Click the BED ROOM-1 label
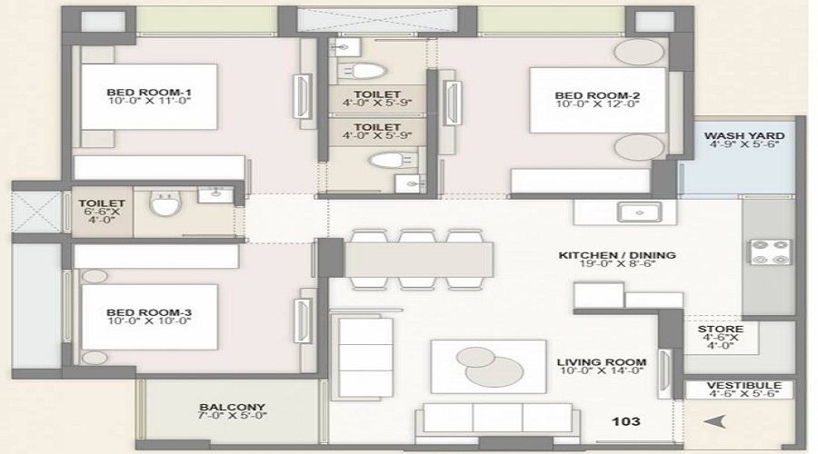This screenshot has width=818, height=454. [x=148, y=92]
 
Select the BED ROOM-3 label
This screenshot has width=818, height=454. [x=148, y=311]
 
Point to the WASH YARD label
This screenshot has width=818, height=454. [x=744, y=137]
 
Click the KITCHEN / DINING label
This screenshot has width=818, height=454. [x=616, y=256]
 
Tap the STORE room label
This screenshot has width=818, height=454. [x=721, y=329]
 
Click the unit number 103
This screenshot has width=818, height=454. [x=627, y=421]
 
